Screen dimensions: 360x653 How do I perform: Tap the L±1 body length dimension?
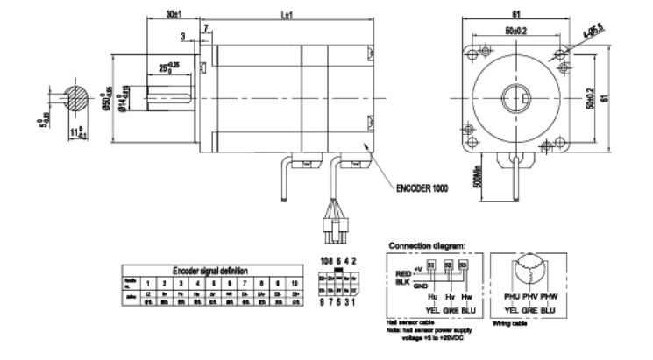tap(286, 16)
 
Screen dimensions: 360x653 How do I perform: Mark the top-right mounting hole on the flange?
tap(557, 55)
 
